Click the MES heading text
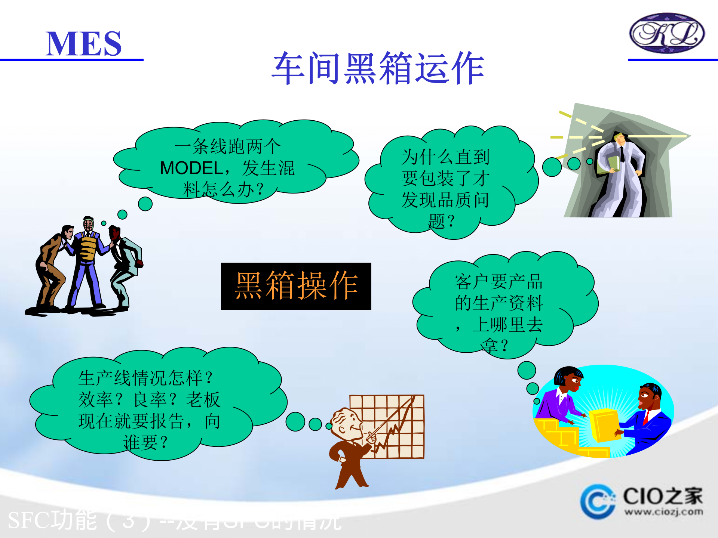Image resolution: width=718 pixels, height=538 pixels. (83, 44)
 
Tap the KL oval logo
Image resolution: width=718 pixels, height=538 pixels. (667, 33)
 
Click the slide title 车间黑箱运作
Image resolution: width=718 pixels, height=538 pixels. (378, 68)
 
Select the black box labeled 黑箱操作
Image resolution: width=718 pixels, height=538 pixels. (296, 286)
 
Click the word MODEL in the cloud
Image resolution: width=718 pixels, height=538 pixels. (191, 168)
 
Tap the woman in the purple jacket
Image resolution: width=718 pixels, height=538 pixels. (561, 396)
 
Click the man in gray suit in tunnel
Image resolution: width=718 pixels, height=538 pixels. (619, 176)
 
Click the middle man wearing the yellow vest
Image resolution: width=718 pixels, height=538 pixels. (88, 258)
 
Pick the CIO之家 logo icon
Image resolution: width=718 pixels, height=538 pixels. (598, 502)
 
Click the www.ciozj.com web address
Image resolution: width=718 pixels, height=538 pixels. (663, 511)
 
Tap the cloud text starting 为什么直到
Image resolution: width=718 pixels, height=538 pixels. (445, 189)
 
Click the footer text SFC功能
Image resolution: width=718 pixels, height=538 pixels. (52, 520)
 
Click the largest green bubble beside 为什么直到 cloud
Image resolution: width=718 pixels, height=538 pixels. (552, 167)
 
